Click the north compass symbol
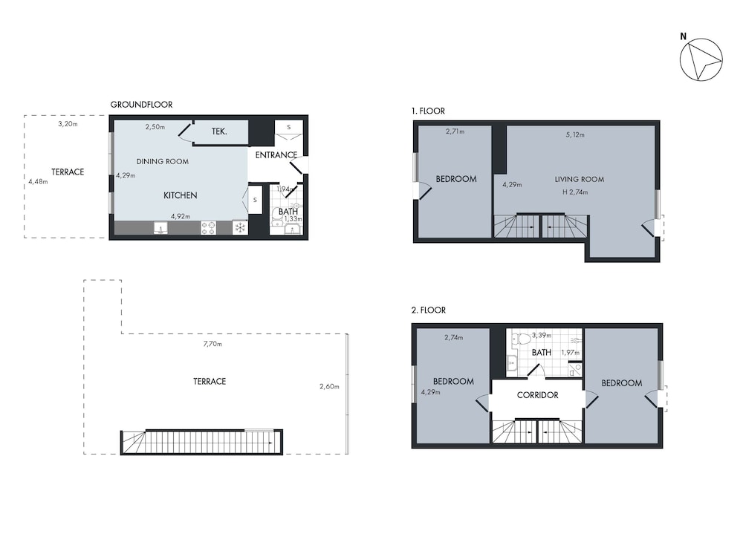tap(701, 59)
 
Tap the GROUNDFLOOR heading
tap(141, 105)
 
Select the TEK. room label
tap(219, 131)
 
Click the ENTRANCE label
tap(276, 155)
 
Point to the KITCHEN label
tap(180, 195)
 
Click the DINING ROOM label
tap(163, 161)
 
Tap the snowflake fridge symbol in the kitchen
tap(240, 228)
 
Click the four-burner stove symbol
tap(209, 228)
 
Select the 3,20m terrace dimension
tap(68, 124)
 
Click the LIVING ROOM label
tap(580, 179)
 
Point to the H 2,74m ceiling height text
tap(575, 192)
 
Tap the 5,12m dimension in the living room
tap(575, 134)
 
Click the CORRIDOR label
tap(537, 395)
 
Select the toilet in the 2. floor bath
tap(522, 339)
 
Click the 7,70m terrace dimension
tap(212, 344)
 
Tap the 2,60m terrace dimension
tap(329, 386)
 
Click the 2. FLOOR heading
tap(429, 310)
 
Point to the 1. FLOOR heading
tap(428, 111)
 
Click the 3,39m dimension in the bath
tap(542, 336)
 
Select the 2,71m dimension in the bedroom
tap(455, 131)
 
